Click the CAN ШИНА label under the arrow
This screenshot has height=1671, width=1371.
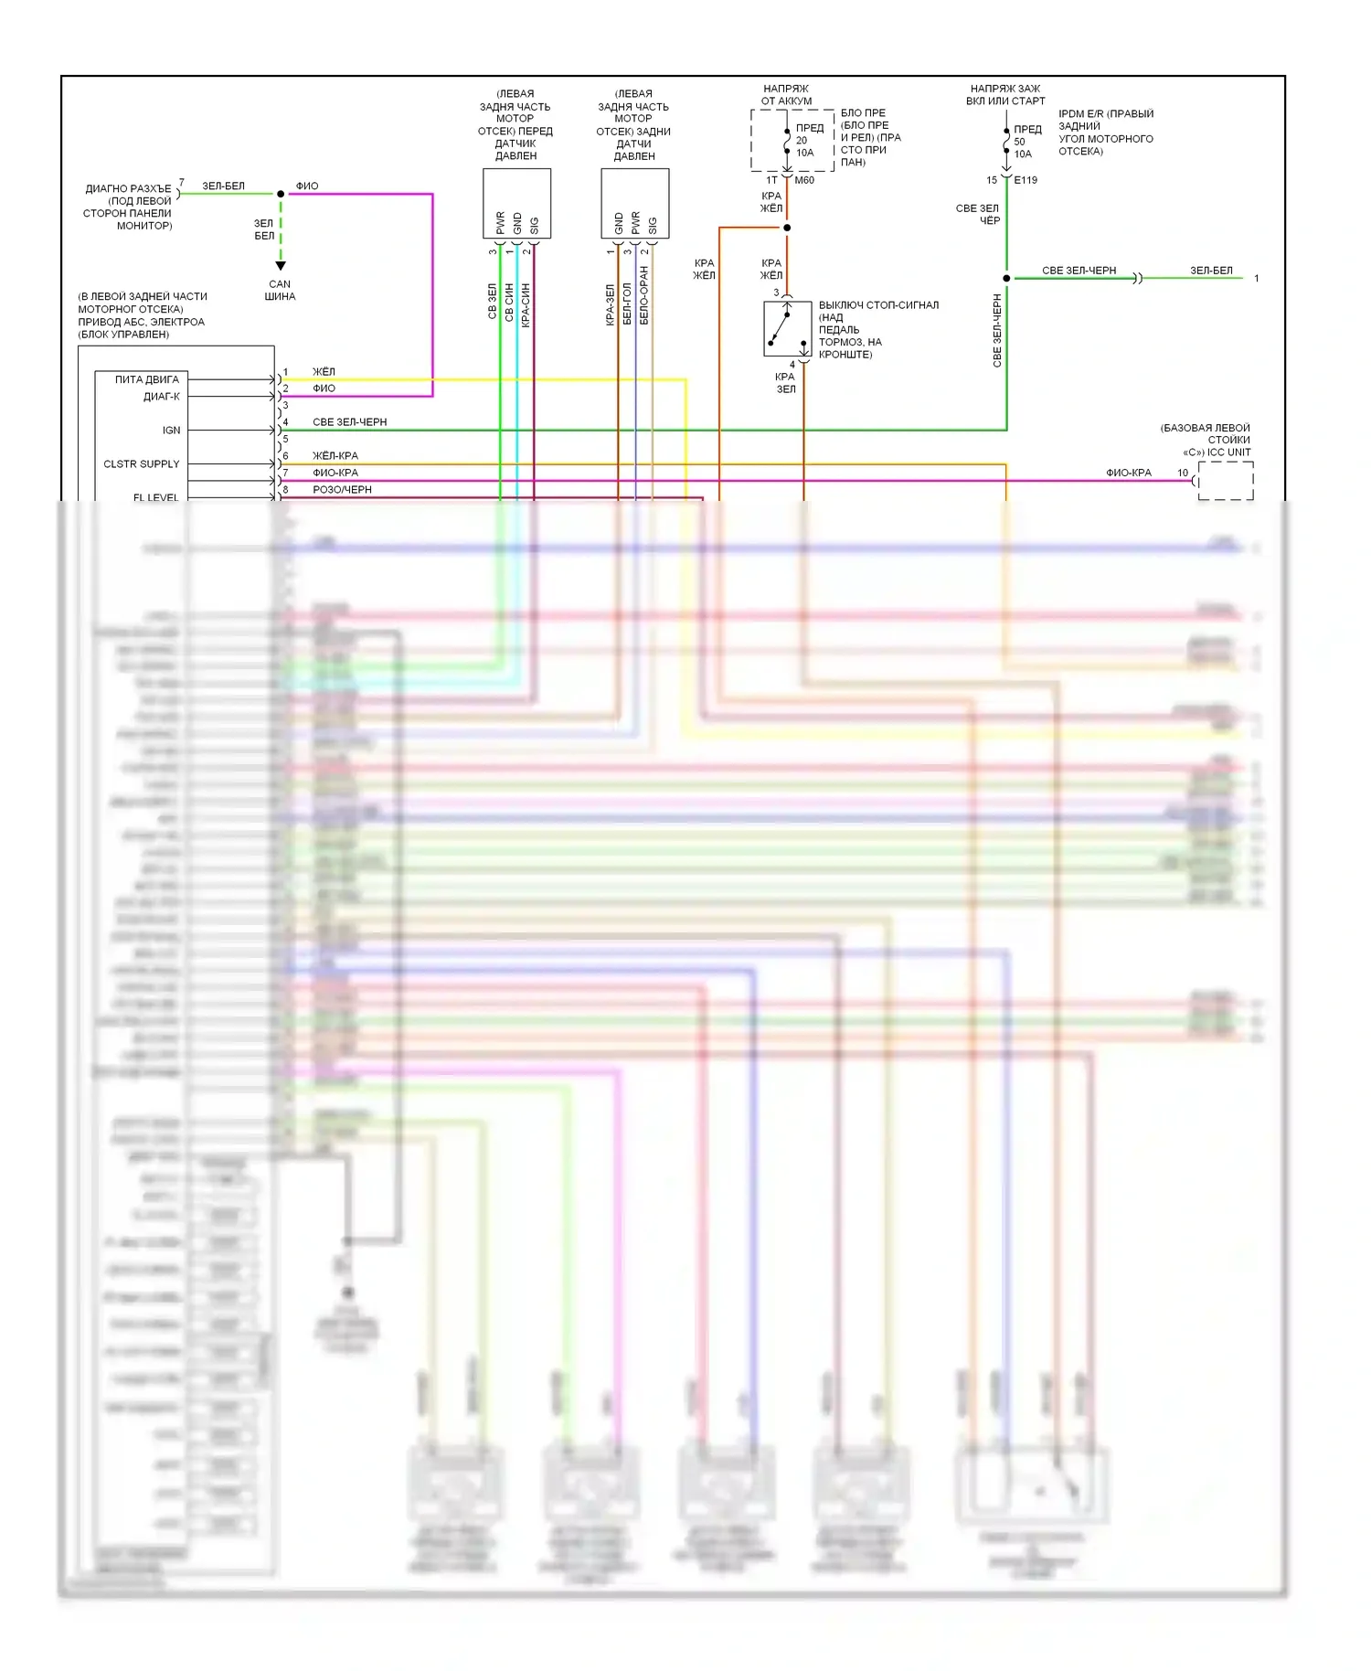click(x=280, y=290)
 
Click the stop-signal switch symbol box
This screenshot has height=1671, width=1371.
click(x=787, y=328)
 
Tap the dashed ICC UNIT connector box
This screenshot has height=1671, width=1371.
click(x=1226, y=481)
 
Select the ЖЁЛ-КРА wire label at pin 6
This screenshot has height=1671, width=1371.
click(x=335, y=455)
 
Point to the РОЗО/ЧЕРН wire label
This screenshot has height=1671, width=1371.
click(x=342, y=489)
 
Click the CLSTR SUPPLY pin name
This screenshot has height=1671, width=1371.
click(x=142, y=463)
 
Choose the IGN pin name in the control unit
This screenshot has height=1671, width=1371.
click(x=171, y=430)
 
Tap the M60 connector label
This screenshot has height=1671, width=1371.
click(x=804, y=180)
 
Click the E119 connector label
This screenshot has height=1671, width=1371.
click(x=1026, y=180)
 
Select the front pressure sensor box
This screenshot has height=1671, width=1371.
click(x=516, y=203)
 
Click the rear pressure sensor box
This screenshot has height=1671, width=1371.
click(x=634, y=203)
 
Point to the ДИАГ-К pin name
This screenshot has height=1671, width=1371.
click(x=162, y=396)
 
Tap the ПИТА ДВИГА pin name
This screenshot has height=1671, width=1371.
click(x=147, y=379)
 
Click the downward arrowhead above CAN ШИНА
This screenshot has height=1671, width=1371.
click(x=281, y=265)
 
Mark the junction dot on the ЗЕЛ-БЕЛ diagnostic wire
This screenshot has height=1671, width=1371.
click(x=281, y=194)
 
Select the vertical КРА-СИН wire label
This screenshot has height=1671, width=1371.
click(x=526, y=305)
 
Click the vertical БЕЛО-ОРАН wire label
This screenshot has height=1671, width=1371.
click(x=643, y=295)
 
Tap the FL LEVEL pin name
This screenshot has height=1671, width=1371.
click(x=156, y=496)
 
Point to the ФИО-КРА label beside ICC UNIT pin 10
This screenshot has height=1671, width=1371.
click(x=1129, y=473)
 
